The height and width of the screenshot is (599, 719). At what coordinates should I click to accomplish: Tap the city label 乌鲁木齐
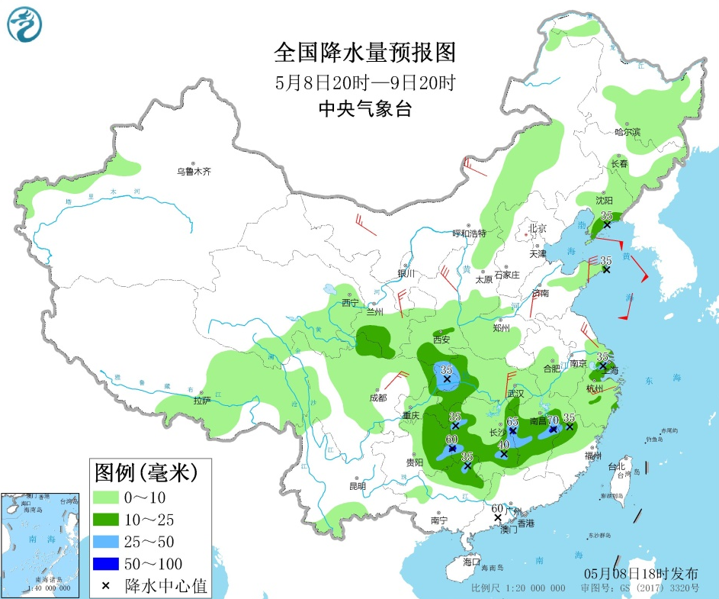(194, 172)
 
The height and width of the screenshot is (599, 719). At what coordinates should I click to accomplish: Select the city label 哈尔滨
(628, 132)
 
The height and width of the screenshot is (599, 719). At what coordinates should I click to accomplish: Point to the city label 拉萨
(201, 400)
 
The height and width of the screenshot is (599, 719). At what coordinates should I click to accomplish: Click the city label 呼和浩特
(469, 233)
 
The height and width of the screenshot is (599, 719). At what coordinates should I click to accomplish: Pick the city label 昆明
(357, 485)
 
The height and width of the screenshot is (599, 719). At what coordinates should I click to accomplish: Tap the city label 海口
(471, 561)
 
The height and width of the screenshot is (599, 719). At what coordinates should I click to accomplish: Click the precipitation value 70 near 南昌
(554, 419)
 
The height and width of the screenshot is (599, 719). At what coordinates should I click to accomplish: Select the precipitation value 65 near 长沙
(513, 421)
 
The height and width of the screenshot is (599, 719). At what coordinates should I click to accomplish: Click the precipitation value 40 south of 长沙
(503, 444)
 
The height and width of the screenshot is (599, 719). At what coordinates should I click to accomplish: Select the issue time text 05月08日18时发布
(640, 573)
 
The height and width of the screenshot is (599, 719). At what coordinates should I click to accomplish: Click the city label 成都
(377, 398)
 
